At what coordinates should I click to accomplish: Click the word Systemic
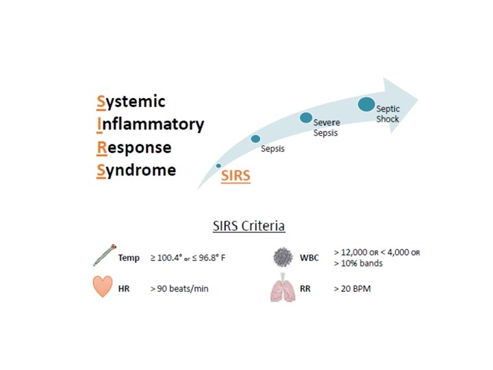(131, 102)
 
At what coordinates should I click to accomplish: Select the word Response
(134, 147)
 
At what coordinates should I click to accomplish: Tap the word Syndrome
(136, 170)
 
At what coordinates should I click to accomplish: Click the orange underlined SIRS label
(236, 176)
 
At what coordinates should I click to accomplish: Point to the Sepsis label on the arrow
(273, 149)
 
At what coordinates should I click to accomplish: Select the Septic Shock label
(388, 114)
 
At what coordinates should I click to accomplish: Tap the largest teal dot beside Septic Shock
(367, 105)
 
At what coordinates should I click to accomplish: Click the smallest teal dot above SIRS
(218, 166)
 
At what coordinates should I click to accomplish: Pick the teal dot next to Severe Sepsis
(306, 118)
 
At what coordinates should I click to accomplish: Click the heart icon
(103, 287)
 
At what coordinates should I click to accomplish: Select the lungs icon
(282, 288)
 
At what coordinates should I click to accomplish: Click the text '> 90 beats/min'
(179, 289)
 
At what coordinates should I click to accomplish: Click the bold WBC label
(309, 258)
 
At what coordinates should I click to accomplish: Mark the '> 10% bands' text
(358, 264)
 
